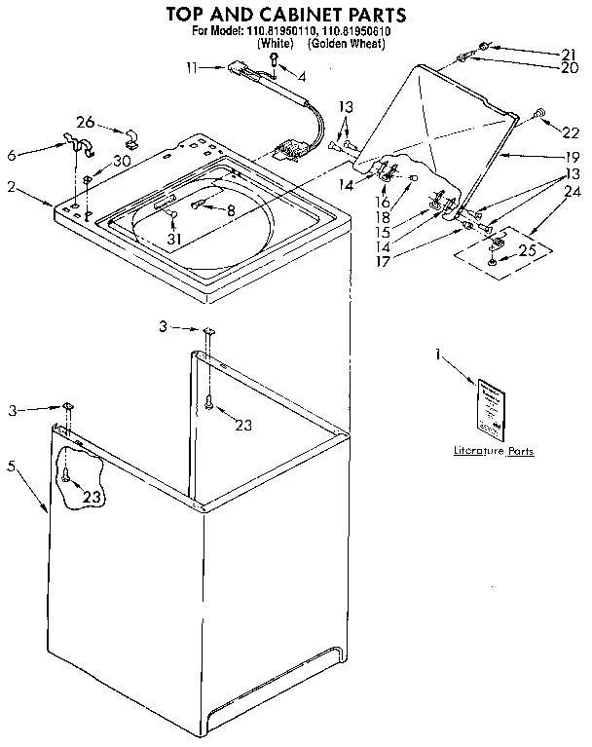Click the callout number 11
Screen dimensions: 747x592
coord(191,67)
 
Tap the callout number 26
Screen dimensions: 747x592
coord(86,123)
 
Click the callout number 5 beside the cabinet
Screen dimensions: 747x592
coord(12,466)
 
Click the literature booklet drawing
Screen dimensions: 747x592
coord(489,406)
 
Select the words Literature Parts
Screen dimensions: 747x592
coord(494,451)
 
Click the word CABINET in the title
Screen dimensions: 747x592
coord(308,15)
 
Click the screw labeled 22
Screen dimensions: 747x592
coord(536,117)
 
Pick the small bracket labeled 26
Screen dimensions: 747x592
coord(130,135)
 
